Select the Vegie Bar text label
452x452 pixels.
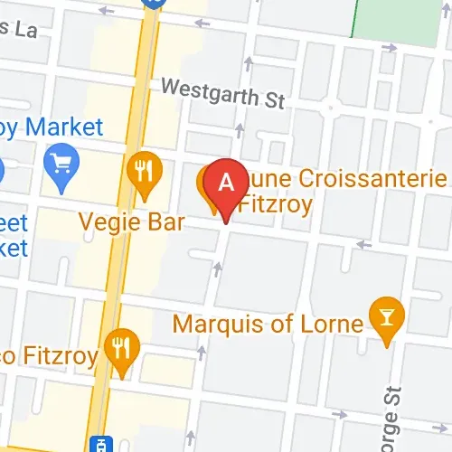132,221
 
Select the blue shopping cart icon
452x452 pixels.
62,165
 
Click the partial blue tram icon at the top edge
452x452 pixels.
154,4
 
